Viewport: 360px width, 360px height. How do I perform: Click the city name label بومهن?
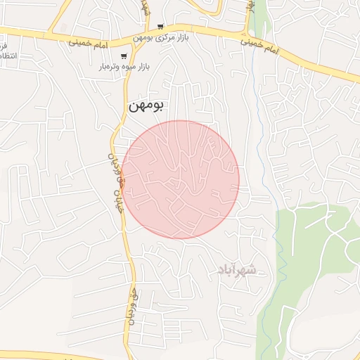(x=146, y=105)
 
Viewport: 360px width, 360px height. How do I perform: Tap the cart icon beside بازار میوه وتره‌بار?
(x=124, y=56)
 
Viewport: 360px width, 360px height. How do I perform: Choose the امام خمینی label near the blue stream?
(x=259, y=48)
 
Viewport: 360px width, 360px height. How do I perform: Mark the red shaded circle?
(x=180, y=179)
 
